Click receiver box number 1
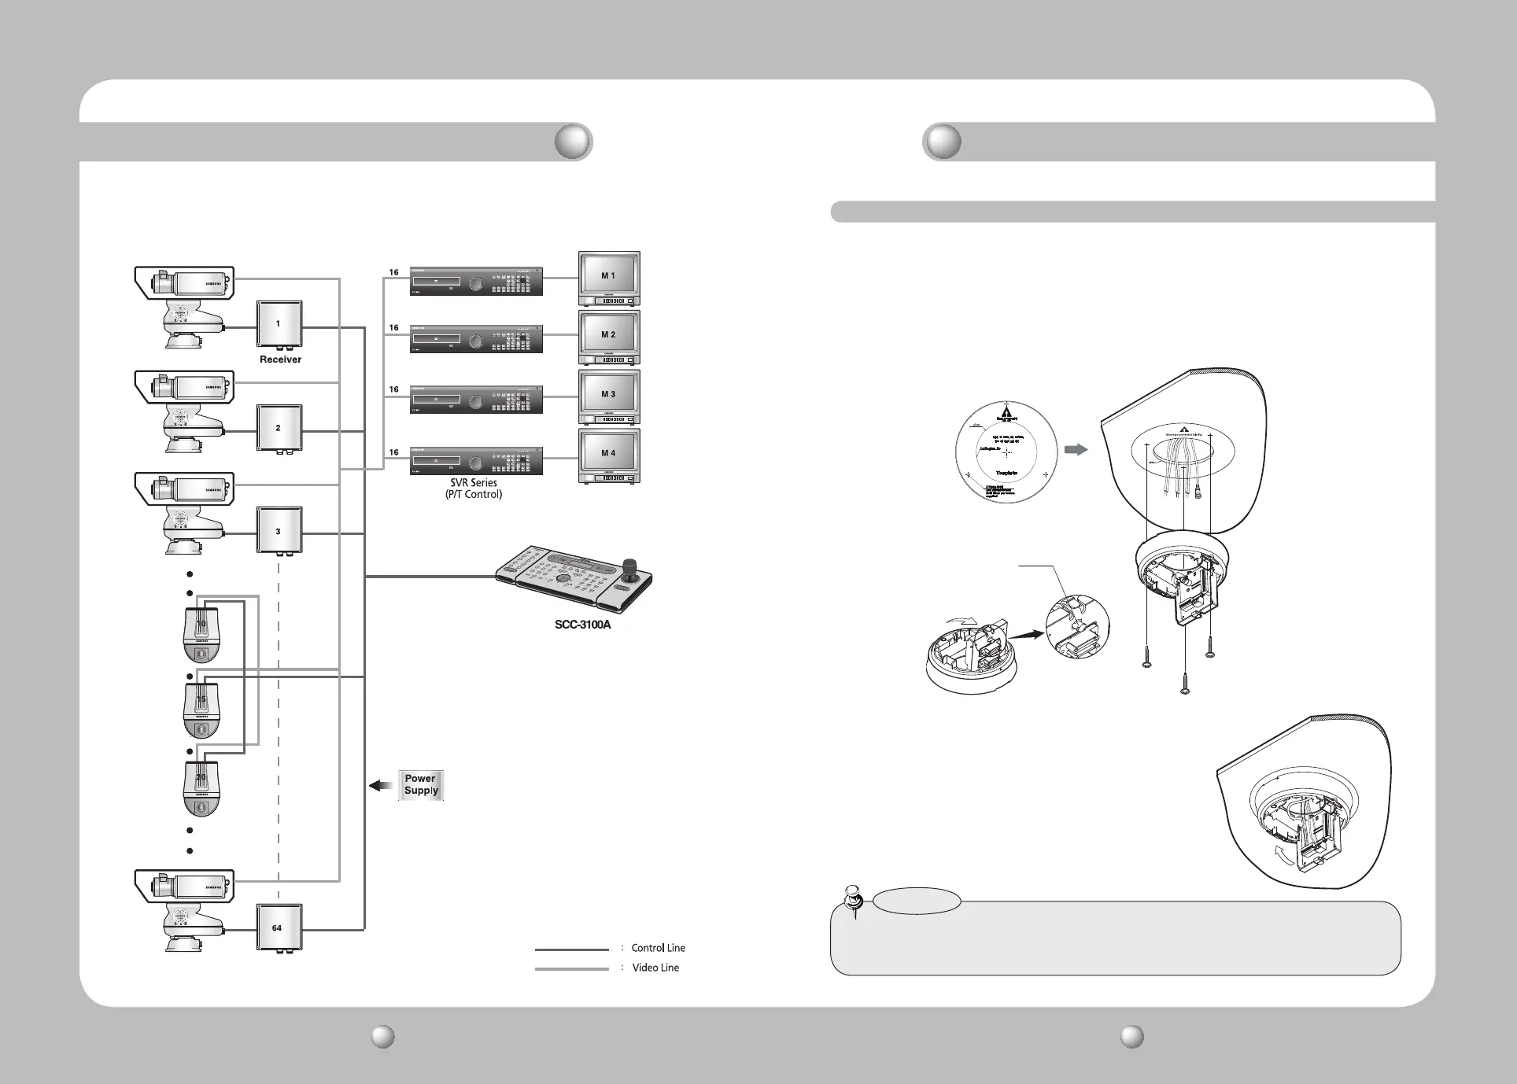(279, 324)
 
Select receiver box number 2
(279, 428)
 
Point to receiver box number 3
(279, 531)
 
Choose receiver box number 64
(279, 927)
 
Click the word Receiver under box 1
(280, 359)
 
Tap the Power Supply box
(421, 785)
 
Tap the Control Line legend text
(658, 948)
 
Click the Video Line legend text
(655, 968)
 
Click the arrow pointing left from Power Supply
(382, 785)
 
